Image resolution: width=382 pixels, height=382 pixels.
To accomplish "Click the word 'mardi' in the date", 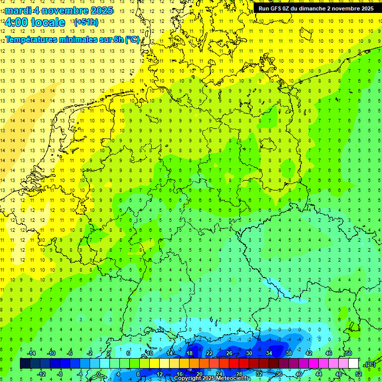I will coord(18,10).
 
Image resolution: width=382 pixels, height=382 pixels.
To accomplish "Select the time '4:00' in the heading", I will coord(16,22).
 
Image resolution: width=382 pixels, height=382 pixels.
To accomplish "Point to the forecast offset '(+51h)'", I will coord(86,22).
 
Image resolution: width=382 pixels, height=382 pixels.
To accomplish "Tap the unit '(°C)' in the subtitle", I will coord(132,40).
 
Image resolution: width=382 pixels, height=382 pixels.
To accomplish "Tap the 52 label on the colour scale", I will coord(359,374).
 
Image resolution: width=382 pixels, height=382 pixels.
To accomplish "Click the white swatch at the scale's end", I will coord(354,364).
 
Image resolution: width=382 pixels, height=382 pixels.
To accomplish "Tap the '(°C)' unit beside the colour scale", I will coord(370,364).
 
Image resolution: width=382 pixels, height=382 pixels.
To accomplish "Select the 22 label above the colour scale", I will coord(209,353).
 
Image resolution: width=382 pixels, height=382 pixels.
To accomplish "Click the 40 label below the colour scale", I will coord(299,374).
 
